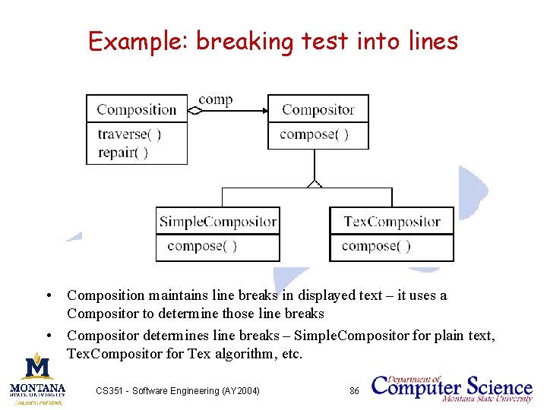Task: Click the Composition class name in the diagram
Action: (x=137, y=109)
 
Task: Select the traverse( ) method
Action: (x=129, y=134)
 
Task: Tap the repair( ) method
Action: (x=123, y=152)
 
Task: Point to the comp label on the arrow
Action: (x=215, y=99)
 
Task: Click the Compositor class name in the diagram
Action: (x=318, y=109)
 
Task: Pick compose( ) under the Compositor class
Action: (x=315, y=134)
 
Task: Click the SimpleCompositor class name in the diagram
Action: (x=217, y=222)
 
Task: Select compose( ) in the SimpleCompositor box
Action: (x=202, y=246)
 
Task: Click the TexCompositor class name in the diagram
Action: (x=392, y=222)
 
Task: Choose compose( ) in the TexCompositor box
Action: (x=377, y=246)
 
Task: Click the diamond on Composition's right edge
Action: (x=194, y=111)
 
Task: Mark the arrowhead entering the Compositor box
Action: (x=264, y=111)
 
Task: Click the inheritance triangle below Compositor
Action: (x=315, y=182)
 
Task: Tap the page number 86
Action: (x=354, y=390)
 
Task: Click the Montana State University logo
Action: (x=37, y=377)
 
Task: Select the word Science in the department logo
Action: (x=496, y=385)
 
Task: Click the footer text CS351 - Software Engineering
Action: (x=178, y=390)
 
